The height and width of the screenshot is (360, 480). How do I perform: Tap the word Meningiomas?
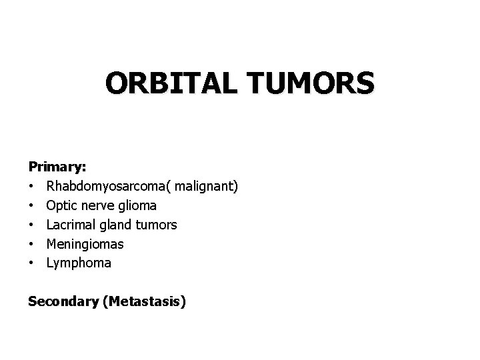click(x=85, y=245)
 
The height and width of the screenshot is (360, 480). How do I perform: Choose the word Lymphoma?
click(x=79, y=264)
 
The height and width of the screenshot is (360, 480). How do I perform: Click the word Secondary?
click(x=63, y=302)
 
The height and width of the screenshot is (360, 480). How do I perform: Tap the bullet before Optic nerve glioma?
click(x=31, y=206)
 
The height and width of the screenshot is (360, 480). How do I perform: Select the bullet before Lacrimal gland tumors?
click(x=31, y=225)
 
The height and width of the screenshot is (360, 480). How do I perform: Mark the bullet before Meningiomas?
click(x=31, y=245)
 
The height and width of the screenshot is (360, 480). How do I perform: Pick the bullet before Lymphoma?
click(x=31, y=264)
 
